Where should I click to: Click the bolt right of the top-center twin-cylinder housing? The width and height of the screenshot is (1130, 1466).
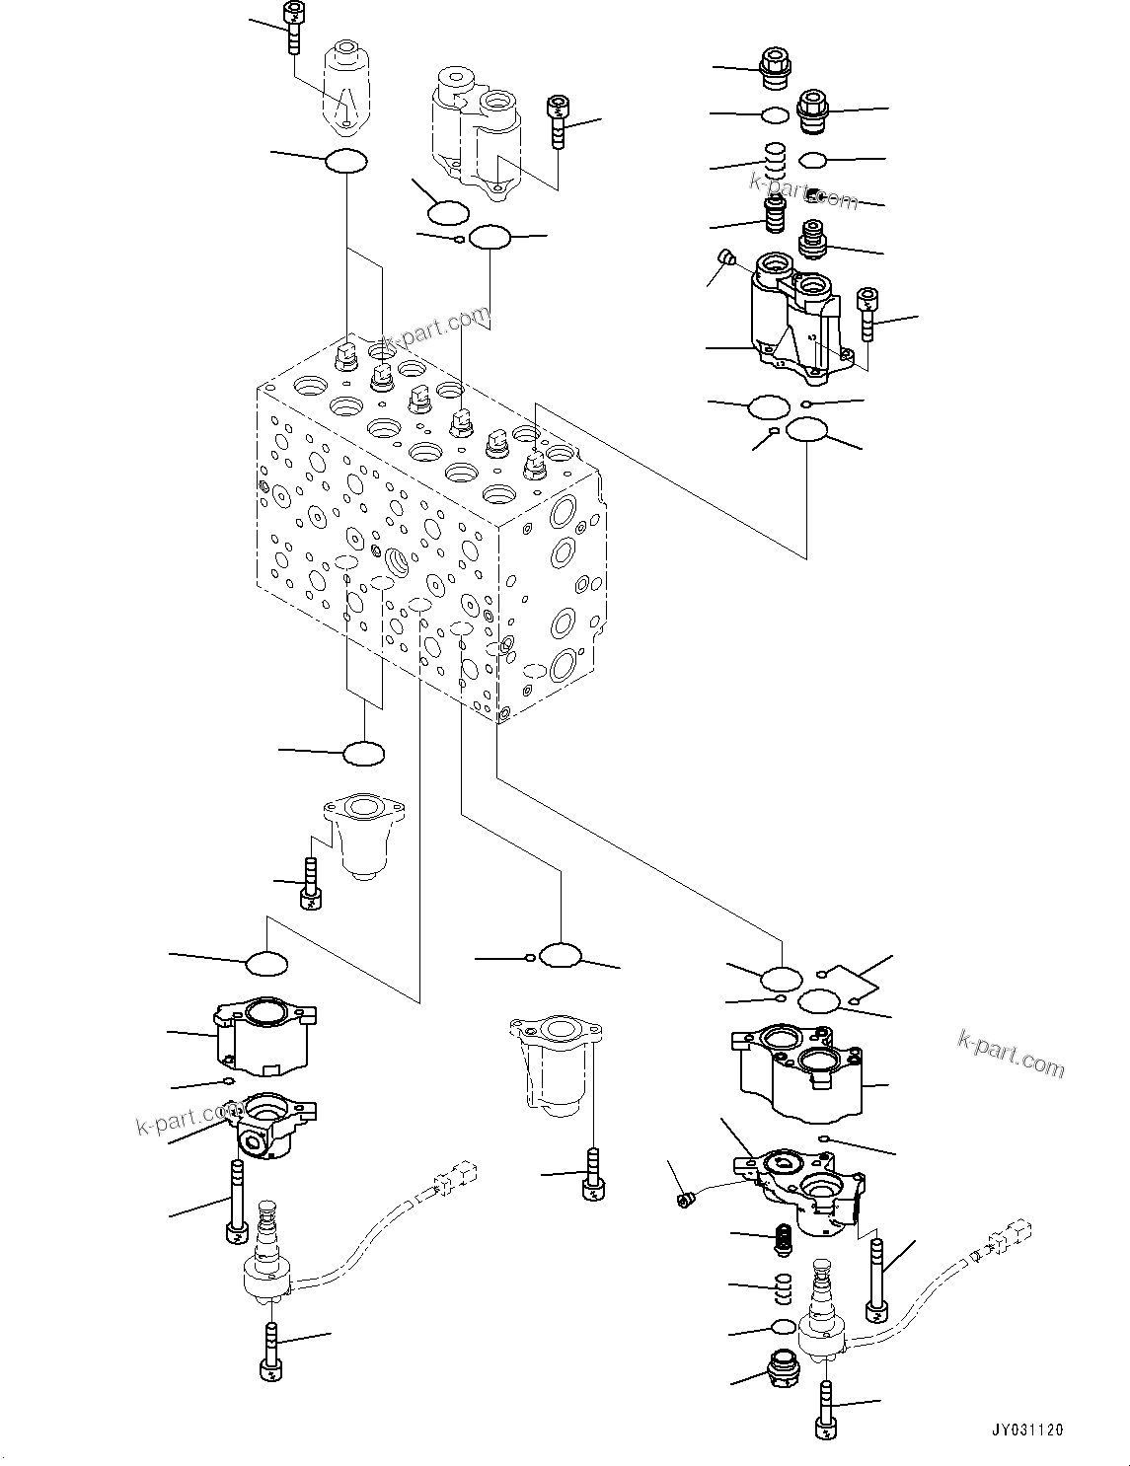pyautogui.click(x=558, y=121)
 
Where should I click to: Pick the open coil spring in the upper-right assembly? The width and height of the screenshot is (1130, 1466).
pyautogui.click(x=776, y=161)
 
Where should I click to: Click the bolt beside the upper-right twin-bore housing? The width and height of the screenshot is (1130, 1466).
pyautogui.click(x=867, y=314)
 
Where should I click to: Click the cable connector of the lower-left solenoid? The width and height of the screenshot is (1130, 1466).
pyautogui.click(x=454, y=1178)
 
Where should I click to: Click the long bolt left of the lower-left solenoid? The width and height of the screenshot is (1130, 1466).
pyautogui.click(x=235, y=1202)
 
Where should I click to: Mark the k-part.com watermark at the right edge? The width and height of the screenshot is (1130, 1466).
pyautogui.click(x=1011, y=1053)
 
